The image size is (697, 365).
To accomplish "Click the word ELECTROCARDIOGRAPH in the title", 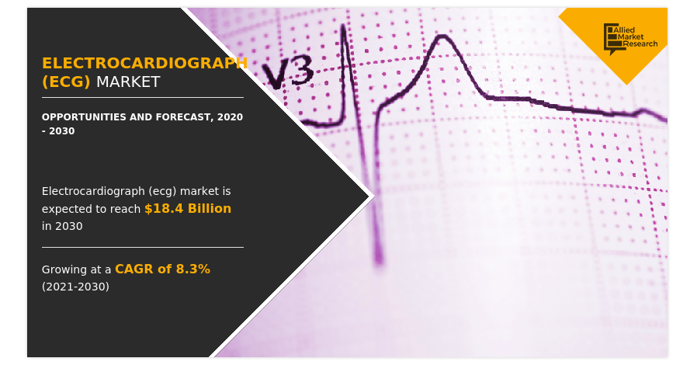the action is [x=144, y=63].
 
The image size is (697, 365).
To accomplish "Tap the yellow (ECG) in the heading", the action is [x=66, y=82].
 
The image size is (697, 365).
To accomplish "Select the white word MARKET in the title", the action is [x=128, y=82].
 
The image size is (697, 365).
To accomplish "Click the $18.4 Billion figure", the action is [x=188, y=208].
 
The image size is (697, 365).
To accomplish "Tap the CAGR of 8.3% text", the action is [x=163, y=269].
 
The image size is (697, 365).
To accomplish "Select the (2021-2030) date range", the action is [x=75, y=287].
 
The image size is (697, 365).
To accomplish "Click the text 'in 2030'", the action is [x=62, y=226].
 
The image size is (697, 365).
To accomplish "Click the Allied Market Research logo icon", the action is [x=611, y=39].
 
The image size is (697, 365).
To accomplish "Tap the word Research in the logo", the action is [x=640, y=44].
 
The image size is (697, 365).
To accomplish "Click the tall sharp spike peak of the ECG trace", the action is [x=343, y=26].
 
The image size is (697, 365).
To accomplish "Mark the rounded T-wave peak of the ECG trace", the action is [x=442, y=36].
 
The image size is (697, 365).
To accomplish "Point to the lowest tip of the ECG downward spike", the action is [x=380, y=262].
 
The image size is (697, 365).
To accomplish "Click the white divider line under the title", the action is [x=143, y=97].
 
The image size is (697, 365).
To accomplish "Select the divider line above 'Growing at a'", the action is [x=143, y=247].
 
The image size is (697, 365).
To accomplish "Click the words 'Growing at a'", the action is [x=77, y=269].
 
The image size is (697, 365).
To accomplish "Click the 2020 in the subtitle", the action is [x=230, y=117].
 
